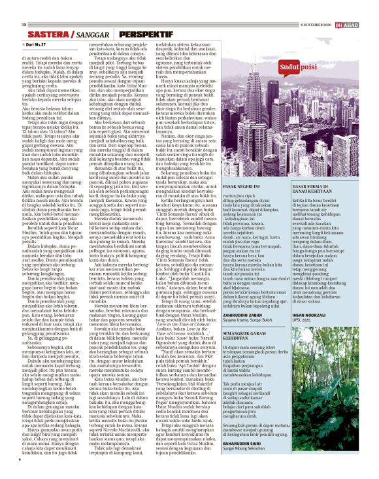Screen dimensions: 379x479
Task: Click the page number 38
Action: click(24, 6)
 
